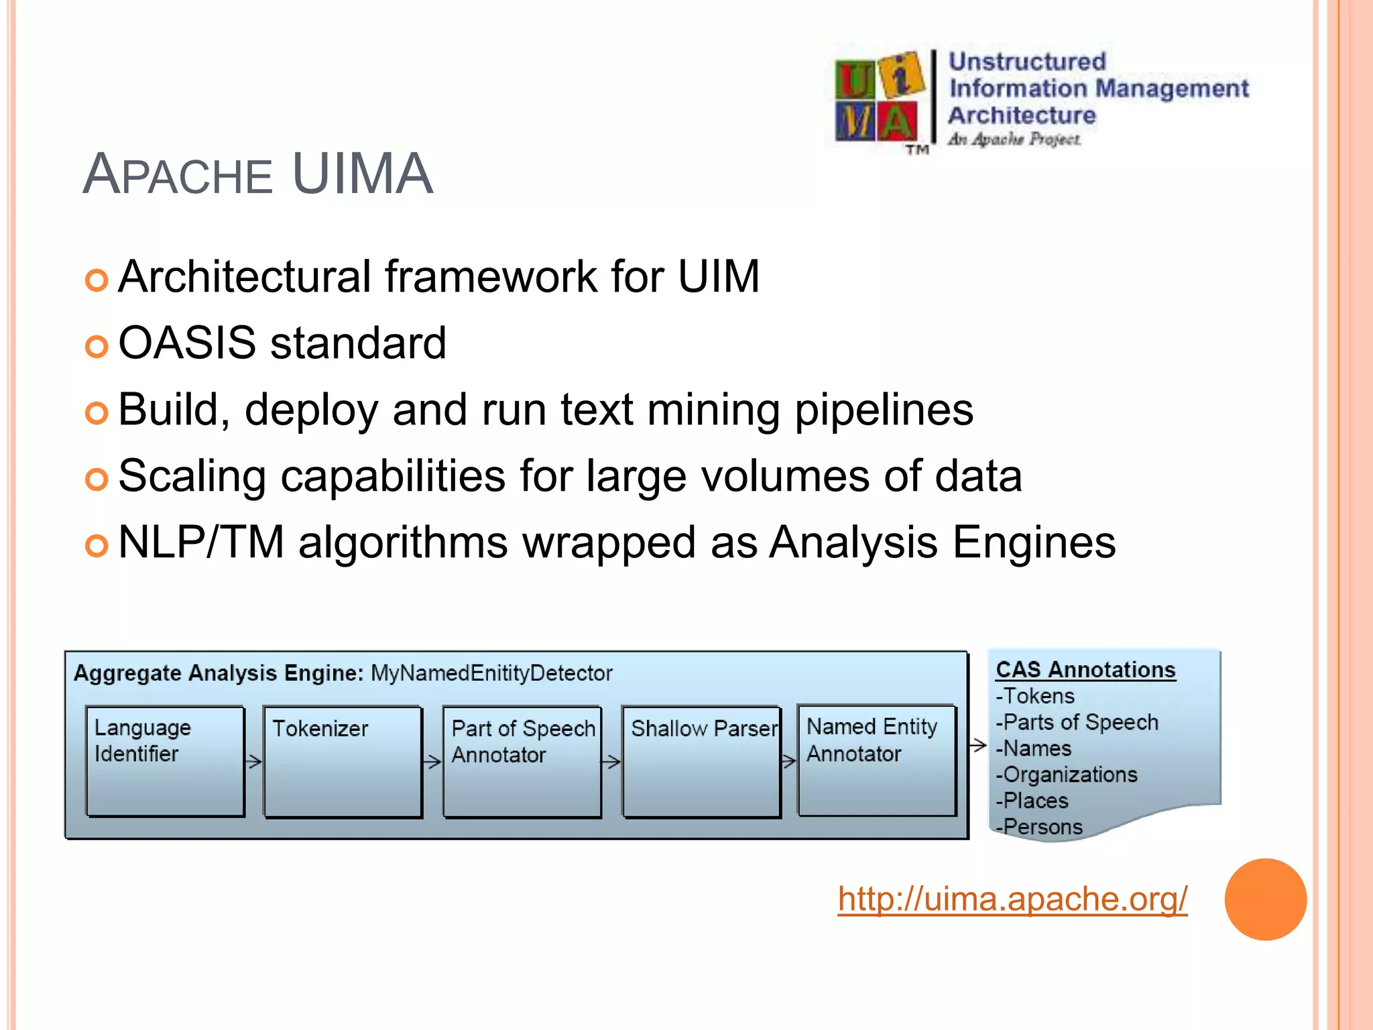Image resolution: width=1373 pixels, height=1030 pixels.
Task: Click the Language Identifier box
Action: pos(165,761)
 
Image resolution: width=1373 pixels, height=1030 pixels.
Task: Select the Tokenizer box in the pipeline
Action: pos(343,762)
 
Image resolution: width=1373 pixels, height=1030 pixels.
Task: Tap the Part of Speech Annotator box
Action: pos(522,762)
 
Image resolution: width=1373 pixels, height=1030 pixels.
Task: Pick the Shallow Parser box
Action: pos(701,762)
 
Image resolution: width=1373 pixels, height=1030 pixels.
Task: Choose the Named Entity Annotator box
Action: pos(877,760)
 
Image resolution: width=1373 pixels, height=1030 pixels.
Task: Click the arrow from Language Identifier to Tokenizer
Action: pos(254,762)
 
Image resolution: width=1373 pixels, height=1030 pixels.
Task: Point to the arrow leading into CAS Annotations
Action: pos(978,745)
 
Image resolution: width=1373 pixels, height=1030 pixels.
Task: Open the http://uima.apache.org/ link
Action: pos(1012,899)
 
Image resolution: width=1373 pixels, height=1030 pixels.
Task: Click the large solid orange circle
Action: pos(1265,899)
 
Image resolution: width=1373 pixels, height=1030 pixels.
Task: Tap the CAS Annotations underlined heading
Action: pos(1085,670)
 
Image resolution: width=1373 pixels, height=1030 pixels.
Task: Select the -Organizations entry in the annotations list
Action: pos(1067,775)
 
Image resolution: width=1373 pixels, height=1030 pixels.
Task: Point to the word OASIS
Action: pos(187,343)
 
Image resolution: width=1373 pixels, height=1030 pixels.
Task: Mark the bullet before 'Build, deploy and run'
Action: pos(97,413)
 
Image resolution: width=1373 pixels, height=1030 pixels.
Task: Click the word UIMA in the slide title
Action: pos(363,174)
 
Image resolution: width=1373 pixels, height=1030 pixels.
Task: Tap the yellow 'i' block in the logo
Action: pos(902,75)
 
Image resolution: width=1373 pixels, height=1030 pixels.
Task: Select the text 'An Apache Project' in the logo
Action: pos(1014,139)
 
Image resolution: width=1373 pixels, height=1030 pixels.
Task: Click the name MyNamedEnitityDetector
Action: pos(491,673)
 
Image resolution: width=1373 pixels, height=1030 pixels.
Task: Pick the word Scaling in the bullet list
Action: pos(192,476)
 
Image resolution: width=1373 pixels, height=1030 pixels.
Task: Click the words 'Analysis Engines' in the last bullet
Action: pos(943,542)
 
